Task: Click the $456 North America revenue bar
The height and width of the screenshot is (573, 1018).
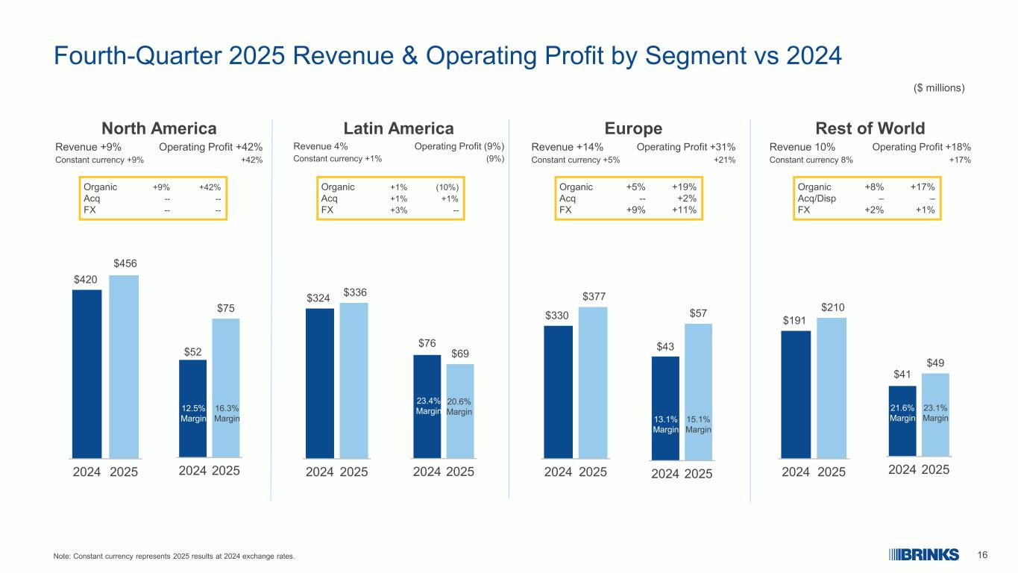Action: [124, 366]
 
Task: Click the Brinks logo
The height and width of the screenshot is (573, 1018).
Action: [923, 554]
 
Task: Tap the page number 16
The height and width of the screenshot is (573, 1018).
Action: [982, 554]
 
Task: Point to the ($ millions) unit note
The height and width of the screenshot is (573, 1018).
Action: [939, 88]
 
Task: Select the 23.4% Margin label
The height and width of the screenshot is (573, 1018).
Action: [427, 406]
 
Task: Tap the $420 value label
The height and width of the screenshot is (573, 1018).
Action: [87, 278]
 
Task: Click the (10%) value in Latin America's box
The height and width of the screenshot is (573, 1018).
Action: [447, 187]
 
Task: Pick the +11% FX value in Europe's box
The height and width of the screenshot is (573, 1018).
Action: [684, 210]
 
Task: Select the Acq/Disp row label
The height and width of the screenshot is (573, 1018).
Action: [815, 198]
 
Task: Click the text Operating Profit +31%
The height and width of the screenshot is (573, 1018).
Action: [686, 147]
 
